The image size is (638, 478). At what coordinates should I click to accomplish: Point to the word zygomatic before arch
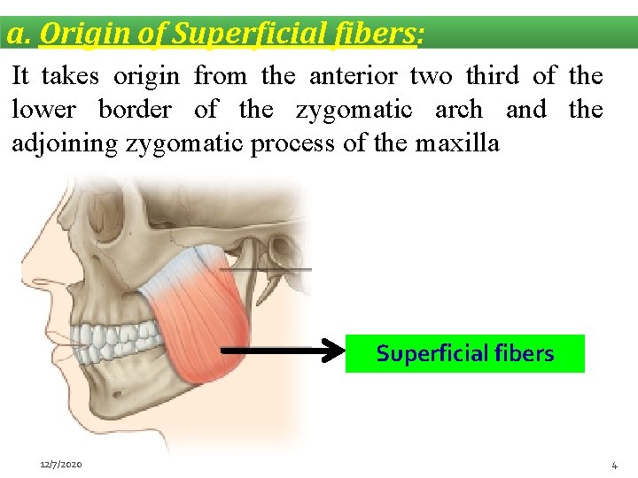(354, 110)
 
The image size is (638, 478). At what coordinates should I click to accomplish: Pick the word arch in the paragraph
(458, 110)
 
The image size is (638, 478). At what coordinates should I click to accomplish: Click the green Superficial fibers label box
(464, 353)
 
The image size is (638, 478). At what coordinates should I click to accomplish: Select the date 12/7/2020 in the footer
(62, 465)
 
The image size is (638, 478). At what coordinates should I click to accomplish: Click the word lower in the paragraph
(43, 110)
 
